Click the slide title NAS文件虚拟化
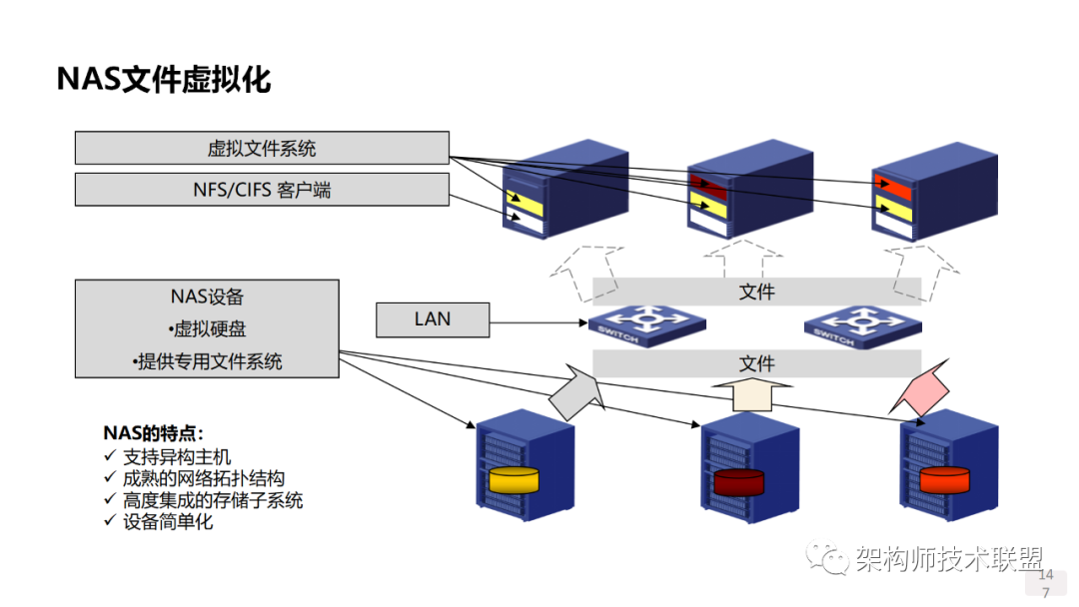pos(163,79)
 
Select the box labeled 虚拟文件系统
pos(262,148)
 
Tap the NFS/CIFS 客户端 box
pos(262,190)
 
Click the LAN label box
pos(433,319)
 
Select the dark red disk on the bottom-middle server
pos(738,482)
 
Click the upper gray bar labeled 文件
pos(756,292)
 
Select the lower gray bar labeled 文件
pos(756,363)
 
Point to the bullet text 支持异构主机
pos(177,457)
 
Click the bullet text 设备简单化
pos(167,521)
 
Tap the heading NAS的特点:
pos(153,433)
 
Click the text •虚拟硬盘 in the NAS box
pos(207,329)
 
